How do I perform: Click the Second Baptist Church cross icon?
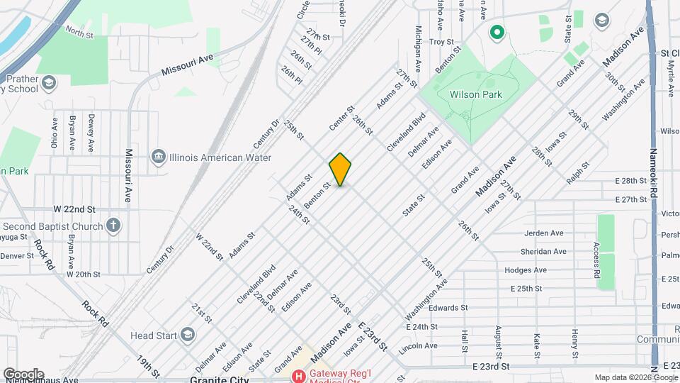click(113, 226)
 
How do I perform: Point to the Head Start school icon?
click(187, 334)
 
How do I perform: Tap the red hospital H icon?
click(299, 375)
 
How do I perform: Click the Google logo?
click(23, 374)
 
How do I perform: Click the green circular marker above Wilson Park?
click(497, 32)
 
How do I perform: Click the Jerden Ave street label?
click(544, 233)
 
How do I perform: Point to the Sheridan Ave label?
click(543, 251)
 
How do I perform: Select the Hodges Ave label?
click(526, 270)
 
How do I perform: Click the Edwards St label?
click(448, 308)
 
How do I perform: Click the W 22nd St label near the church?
click(74, 209)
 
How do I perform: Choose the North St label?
click(79, 32)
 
